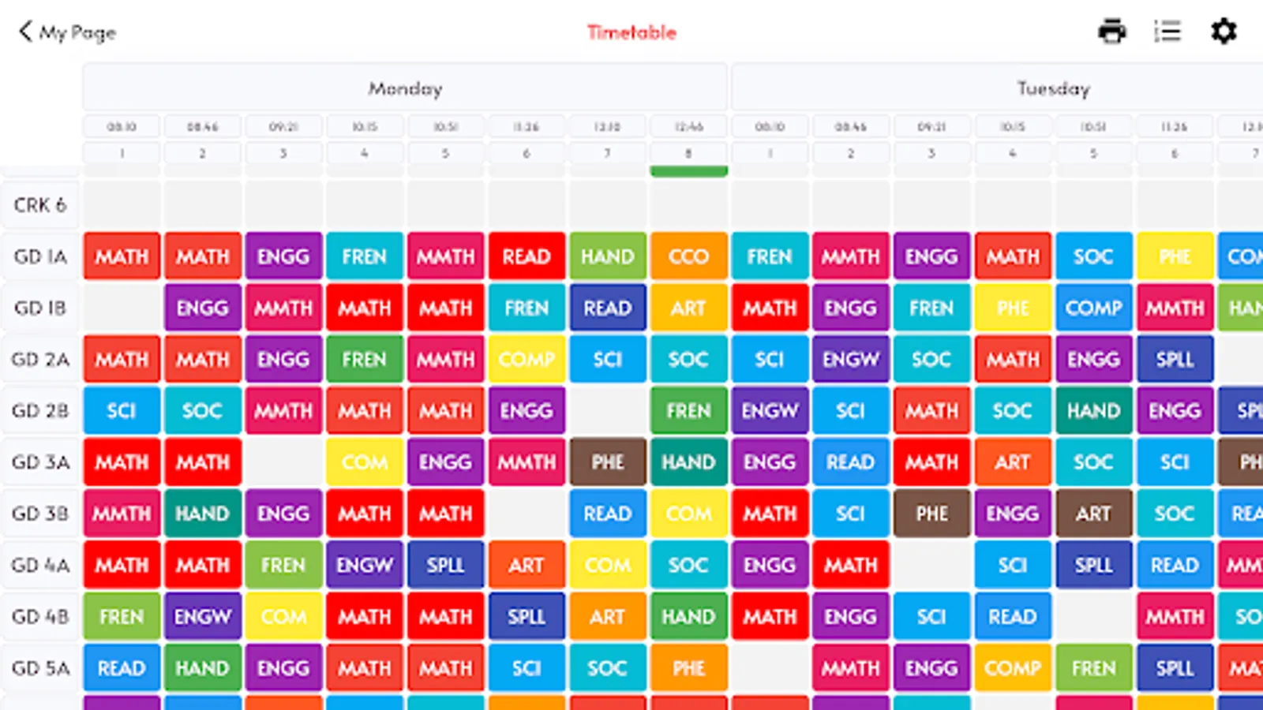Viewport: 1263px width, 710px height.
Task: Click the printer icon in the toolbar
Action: pos(1111,32)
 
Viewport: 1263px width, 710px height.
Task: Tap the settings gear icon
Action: pos(1224,32)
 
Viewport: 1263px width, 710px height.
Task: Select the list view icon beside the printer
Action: pos(1167,32)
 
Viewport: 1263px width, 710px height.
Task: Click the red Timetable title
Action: pos(631,32)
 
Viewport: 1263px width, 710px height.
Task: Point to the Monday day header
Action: pos(405,88)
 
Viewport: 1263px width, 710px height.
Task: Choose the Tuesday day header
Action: pos(1053,88)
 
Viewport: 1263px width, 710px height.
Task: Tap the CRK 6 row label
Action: pos(40,205)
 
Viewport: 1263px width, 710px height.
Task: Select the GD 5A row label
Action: pos(40,668)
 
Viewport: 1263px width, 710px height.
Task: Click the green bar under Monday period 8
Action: pos(688,171)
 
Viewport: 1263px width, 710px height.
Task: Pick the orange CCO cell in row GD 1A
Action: pos(688,256)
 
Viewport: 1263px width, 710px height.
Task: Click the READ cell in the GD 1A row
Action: pos(527,256)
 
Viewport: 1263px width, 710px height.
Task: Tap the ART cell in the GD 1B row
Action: pos(688,308)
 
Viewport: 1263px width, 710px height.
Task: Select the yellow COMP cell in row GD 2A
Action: pos(527,359)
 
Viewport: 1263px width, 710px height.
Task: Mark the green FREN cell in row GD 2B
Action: pos(688,410)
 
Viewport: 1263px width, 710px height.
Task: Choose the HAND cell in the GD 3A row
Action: pos(688,461)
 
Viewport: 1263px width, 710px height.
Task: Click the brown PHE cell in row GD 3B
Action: pos(931,514)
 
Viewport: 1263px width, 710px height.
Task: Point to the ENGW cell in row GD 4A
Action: pos(364,565)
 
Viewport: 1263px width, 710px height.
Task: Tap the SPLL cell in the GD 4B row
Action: pos(527,616)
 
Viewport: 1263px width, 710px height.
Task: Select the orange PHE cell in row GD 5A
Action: pos(688,668)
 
